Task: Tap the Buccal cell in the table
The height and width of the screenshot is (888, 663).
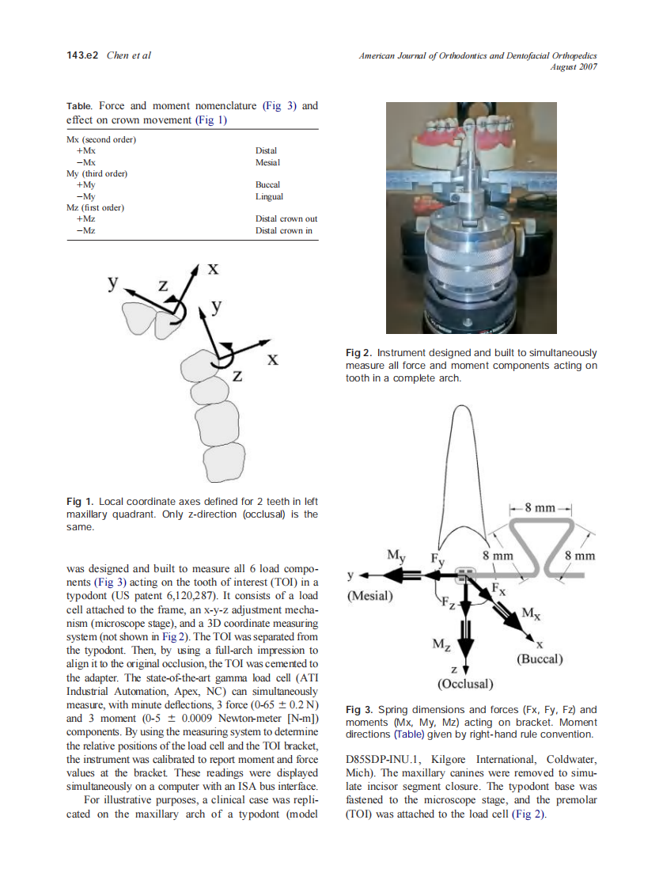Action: coord(267,184)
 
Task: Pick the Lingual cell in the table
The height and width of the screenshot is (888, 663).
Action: coord(269,196)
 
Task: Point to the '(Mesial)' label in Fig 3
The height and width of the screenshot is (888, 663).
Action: coord(369,595)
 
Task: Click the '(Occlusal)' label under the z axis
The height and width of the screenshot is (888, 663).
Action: coord(465,683)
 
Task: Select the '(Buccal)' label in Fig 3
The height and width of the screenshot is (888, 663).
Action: coord(539,658)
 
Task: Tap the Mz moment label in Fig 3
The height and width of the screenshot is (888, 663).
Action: coord(442,645)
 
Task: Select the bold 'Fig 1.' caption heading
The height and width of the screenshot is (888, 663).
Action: coord(80,502)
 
